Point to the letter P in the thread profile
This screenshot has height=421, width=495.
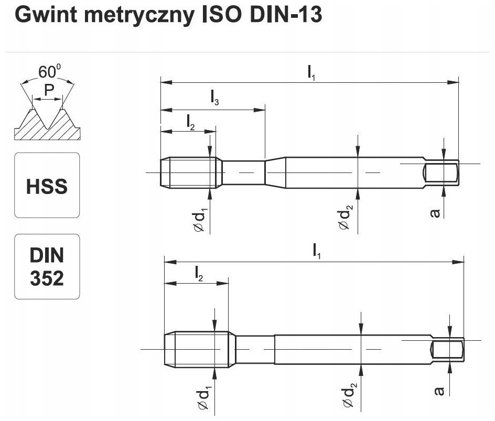coord(48,91)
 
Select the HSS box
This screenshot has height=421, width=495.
coord(47,186)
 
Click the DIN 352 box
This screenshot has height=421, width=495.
coord(47,266)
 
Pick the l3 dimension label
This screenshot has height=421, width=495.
coord(214,96)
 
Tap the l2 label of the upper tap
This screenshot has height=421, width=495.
coord(190,122)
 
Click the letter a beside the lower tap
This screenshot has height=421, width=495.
coord(440,391)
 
